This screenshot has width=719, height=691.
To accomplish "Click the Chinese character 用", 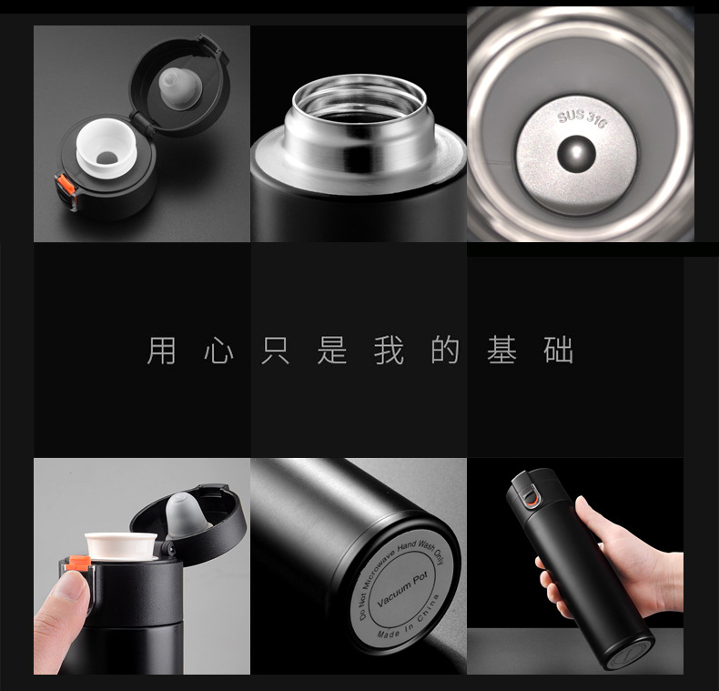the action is (x=161, y=351).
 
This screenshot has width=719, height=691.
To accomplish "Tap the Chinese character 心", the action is (x=218, y=351).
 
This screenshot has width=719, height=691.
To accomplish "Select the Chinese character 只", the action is (x=275, y=351).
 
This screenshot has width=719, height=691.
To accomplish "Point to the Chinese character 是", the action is (x=332, y=351).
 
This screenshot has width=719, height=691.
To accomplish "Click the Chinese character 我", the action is (x=389, y=351).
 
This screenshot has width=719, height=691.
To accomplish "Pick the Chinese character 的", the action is (x=445, y=351).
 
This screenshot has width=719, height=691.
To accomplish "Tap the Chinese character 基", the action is (x=502, y=351).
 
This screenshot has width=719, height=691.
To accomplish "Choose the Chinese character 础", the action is (x=559, y=351).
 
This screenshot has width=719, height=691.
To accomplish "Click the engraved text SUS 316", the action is (x=582, y=118).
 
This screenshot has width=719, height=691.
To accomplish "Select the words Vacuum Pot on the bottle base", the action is (x=402, y=589).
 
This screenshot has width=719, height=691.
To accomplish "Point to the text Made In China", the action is (x=408, y=619).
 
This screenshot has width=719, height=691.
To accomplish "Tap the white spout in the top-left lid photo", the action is (x=106, y=147).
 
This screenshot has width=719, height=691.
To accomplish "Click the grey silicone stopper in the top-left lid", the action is (x=180, y=88).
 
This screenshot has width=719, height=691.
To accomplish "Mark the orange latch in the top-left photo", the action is (x=66, y=185).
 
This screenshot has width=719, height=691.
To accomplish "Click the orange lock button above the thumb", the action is (x=78, y=563).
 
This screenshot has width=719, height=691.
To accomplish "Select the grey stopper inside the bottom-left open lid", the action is (x=184, y=513).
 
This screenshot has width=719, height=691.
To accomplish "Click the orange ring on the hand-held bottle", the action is (x=532, y=499).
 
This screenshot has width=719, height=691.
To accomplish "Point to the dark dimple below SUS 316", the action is (x=576, y=154).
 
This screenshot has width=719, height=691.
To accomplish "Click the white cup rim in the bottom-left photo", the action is (x=121, y=545).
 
